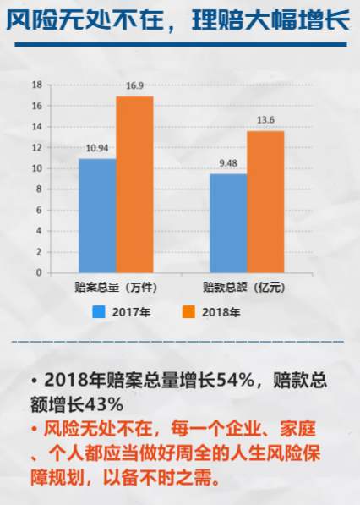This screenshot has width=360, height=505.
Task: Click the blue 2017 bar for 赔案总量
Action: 97,216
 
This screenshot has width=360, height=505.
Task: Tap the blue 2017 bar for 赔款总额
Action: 228,223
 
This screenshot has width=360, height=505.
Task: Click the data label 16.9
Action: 135,86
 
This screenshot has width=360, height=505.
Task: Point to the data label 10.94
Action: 97,149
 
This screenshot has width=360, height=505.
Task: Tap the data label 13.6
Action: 265,121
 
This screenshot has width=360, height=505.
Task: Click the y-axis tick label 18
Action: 36,85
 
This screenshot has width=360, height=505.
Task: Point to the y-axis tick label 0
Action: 38,273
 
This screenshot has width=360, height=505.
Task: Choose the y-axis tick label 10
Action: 36,168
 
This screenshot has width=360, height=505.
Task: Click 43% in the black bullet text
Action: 106,403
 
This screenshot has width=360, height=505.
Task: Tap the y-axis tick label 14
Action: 36,127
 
